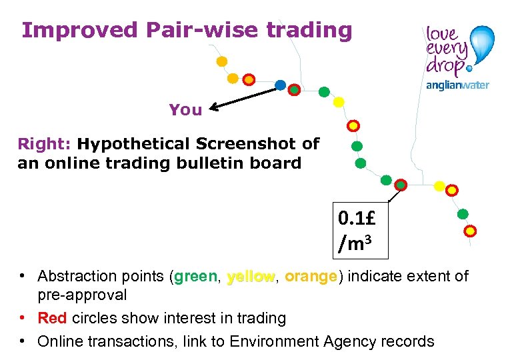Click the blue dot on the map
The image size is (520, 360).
[x=281, y=85]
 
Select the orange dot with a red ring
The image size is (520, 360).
[x=248, y=80]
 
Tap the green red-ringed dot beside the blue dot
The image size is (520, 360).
[x=294, y=89]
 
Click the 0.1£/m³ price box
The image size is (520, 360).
[x=361, y=230]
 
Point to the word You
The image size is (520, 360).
[x=185, y=110]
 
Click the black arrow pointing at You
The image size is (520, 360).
[x=243, y=97]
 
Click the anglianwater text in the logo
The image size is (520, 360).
[x=457, y=85]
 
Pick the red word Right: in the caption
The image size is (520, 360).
[x=45, y=144]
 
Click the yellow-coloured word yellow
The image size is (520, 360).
[x=251, y=276]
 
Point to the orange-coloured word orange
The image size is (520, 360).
[x=310, y=276]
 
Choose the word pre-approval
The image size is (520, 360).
[x=82, y=295]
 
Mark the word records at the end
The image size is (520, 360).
[x=407, y=341]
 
